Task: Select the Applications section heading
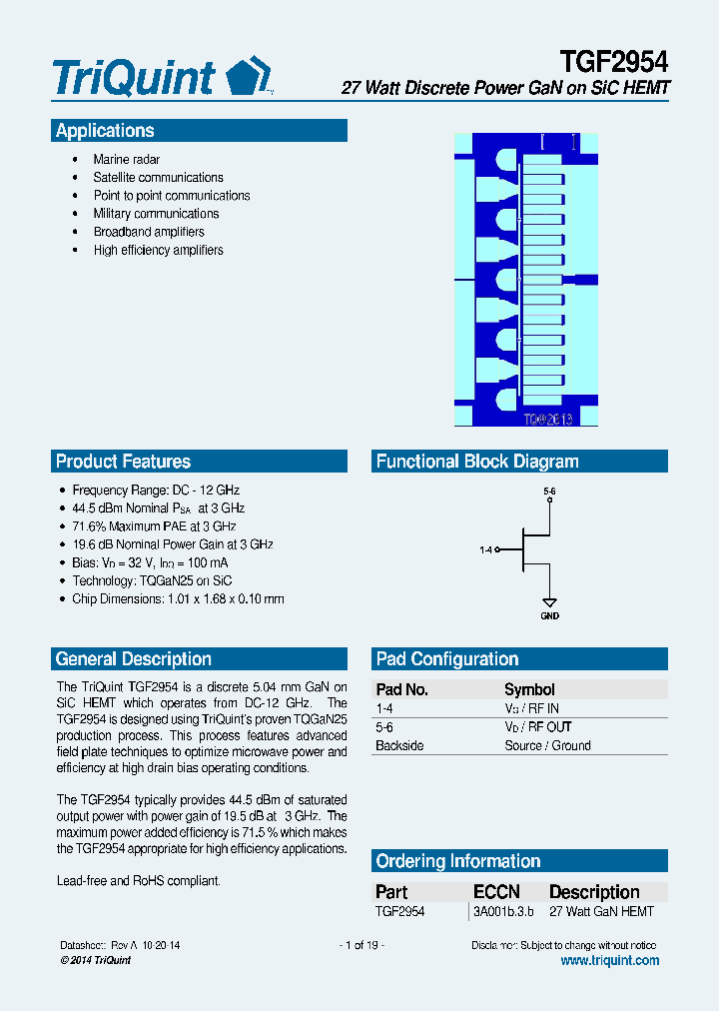105,131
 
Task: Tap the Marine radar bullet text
126,160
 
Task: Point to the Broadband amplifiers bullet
149,232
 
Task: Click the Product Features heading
123,462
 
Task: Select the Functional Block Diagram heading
476,462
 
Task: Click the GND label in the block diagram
549,616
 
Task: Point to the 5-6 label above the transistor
549,492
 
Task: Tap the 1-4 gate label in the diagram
486,549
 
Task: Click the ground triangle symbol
549,602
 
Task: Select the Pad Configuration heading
446,659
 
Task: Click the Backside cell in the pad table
399,746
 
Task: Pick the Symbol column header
529,689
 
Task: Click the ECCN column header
496,892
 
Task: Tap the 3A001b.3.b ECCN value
503,912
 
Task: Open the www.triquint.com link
609,961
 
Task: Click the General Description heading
133,659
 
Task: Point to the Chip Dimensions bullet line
178,599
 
